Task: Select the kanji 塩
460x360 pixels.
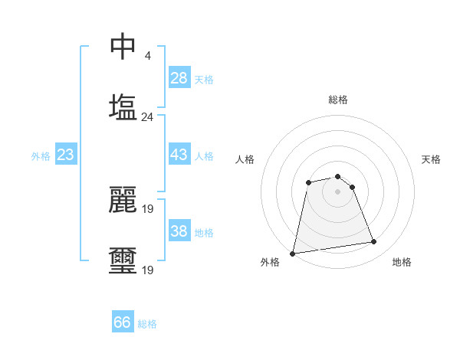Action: point(123,107)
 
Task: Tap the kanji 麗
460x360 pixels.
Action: point(123,199)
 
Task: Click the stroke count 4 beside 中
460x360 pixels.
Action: point(147,56)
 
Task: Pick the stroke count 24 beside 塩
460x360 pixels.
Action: point(147,117)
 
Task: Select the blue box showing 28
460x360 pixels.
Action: point(179,78)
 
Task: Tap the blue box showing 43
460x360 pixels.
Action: point(179,155)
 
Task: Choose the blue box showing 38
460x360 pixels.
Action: point(179,231)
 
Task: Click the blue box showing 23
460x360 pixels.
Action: point(65,155)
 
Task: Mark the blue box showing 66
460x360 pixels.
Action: point(123,322)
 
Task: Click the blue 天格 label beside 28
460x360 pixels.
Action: point(203,80)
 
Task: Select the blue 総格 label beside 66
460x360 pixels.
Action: point(147,324)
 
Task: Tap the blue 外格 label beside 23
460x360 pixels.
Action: point(41,156)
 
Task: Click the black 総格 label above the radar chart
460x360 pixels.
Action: point(338,100)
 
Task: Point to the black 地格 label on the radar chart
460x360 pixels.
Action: point(402,262)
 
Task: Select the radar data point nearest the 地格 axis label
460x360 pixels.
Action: point(373,242)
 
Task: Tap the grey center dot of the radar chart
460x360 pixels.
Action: point(337,191)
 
